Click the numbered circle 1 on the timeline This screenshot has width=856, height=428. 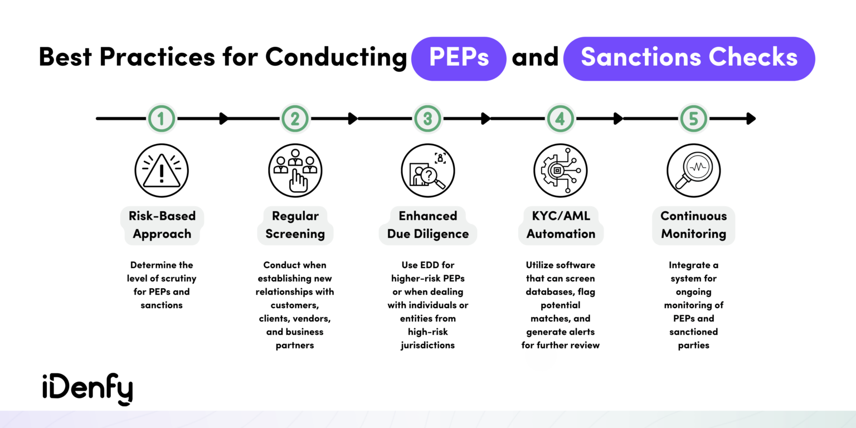point(162,118)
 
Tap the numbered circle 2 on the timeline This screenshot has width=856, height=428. point(295,118)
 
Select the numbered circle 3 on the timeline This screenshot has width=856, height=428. point(427,118)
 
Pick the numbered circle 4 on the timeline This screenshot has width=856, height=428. point(561,118)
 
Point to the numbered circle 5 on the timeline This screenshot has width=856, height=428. point(694,118)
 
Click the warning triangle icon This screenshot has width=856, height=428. point(162,171)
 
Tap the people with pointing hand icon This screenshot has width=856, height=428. point(295,171)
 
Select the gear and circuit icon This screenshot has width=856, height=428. point(561,171)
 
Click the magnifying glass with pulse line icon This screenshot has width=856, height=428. point(694,171)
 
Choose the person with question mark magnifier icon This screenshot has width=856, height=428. point(427,171)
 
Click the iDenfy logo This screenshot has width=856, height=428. point(87,388)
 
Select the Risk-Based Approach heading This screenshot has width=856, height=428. point(162,225)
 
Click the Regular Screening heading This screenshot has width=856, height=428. point(295,225)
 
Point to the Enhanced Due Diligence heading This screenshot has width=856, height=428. point(427,225)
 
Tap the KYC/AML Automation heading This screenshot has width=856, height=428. point(561,225)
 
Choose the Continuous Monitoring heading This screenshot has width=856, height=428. point(694,225)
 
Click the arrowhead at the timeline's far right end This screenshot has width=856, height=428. point(751,118)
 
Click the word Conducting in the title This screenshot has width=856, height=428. point(336,58)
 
